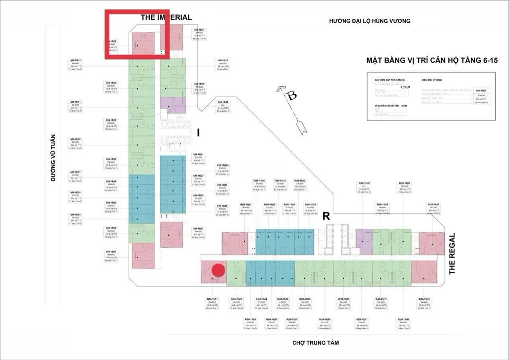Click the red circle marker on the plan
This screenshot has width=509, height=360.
(x=218, y=270)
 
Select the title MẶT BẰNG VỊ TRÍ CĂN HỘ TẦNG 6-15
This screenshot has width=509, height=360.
(x=432, y=61)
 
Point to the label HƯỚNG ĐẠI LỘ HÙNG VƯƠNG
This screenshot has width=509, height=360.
(x=370, y=21)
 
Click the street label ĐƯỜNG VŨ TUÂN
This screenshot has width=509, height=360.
(x=53, y=158)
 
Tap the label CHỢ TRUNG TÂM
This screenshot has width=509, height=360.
(x=315, y=343)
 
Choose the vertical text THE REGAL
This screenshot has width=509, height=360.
(x=452, y=254)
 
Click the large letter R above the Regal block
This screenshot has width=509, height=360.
(x=326, y=217)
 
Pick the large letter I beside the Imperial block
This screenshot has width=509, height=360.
(x=198, y=133)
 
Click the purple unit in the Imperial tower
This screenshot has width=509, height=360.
(x=173, y=103)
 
